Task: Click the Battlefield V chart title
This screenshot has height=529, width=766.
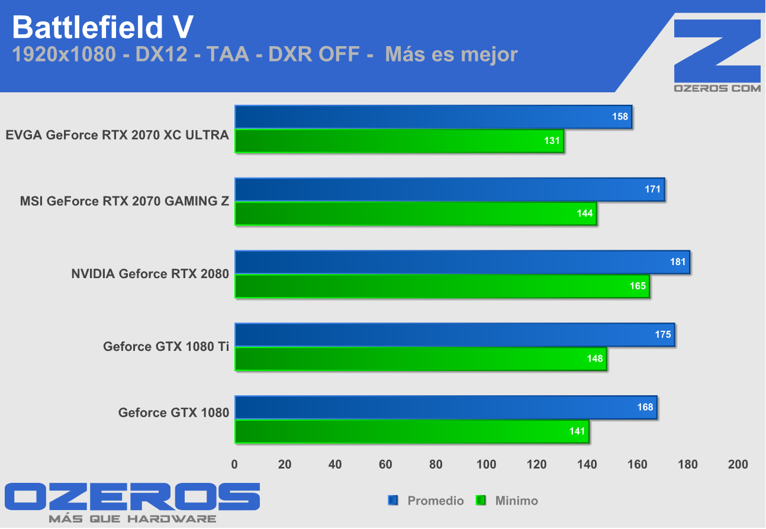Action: pos(102,27)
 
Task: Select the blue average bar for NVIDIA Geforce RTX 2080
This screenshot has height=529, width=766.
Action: pos(462,262)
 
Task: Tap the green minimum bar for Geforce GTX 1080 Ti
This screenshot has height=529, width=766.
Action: pos(420,359)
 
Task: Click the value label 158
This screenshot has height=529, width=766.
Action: pos(620,117)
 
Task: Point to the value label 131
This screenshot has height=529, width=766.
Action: pos(552,141)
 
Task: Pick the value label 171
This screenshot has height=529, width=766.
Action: pos(653,189)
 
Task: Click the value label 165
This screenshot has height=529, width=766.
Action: pos(638,286)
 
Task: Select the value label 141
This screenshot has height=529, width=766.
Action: pos(577,431)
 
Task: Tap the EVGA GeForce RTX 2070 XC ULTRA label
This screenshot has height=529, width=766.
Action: pos(117,135)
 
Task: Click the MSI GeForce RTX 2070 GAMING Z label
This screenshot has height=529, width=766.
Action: pos(124,201)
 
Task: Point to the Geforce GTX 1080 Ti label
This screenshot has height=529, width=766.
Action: pos(166,346)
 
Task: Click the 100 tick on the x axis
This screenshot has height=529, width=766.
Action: pos(486,465)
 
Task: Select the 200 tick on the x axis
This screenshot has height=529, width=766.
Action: pos(738,465)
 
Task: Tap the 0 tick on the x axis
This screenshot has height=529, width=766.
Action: pos(234,465)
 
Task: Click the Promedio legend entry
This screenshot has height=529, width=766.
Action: pos(435,501)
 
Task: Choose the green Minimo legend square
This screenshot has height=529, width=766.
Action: pos(481,501)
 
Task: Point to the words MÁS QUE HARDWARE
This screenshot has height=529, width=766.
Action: pos(132,519)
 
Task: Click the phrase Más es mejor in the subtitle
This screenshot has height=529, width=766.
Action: pos(451,54)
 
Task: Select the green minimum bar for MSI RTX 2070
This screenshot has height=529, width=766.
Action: pos(415,214)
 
